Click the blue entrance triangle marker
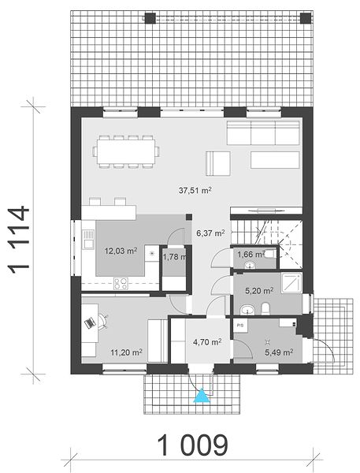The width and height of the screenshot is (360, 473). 202,396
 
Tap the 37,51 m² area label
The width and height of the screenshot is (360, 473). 195,190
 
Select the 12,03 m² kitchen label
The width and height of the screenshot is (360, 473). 121,251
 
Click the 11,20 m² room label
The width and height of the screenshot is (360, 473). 127,352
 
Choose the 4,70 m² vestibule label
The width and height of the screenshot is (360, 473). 207,342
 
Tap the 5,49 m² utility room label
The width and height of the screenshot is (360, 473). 279,352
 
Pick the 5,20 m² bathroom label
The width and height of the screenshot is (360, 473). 259,291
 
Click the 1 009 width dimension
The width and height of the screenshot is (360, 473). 192,445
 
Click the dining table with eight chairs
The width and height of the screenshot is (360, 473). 126,151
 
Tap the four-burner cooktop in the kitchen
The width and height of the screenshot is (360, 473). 121,284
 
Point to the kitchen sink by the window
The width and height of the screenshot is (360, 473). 88,239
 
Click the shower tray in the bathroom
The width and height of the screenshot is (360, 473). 291,283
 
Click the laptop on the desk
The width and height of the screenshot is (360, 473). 90,323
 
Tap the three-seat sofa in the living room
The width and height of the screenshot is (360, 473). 263,132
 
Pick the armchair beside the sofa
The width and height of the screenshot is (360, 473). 218,163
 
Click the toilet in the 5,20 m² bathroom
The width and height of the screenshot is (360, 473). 265,309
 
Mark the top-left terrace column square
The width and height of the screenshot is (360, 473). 150,18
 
